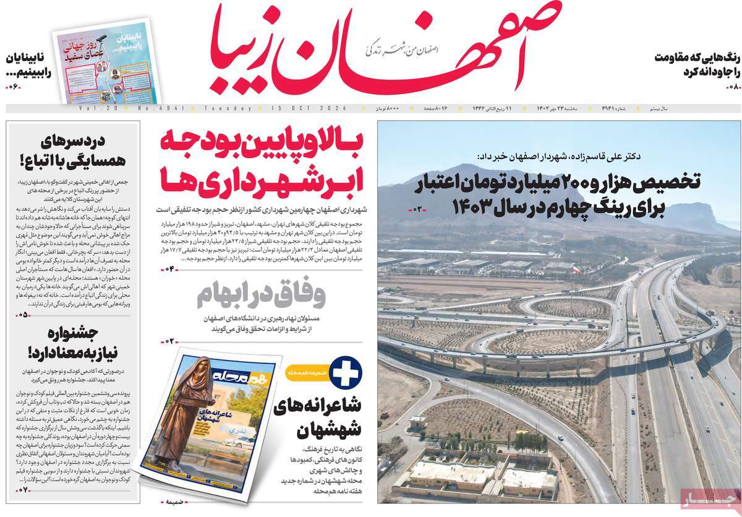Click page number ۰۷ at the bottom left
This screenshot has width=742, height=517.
23,491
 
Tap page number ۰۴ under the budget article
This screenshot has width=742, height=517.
170,268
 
